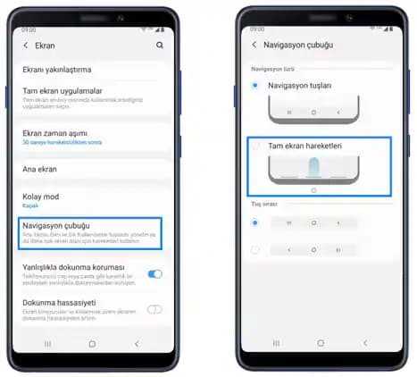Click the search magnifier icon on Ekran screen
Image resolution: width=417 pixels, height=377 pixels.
click(160, 45)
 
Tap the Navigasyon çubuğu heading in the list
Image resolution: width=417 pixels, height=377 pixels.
click(56, 226)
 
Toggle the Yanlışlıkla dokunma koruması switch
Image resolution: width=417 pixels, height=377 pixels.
click(154, 273)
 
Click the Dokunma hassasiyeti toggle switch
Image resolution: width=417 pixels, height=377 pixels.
click(154, 309)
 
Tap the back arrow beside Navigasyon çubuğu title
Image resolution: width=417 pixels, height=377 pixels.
click(254, 44)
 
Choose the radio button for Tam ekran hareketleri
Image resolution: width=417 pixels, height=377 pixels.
click(257, 145)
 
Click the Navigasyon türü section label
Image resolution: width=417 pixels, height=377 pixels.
click(270, 67)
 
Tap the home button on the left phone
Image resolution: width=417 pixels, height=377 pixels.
click(92, 343)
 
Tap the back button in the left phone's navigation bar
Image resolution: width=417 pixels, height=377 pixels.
click(137, 343)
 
